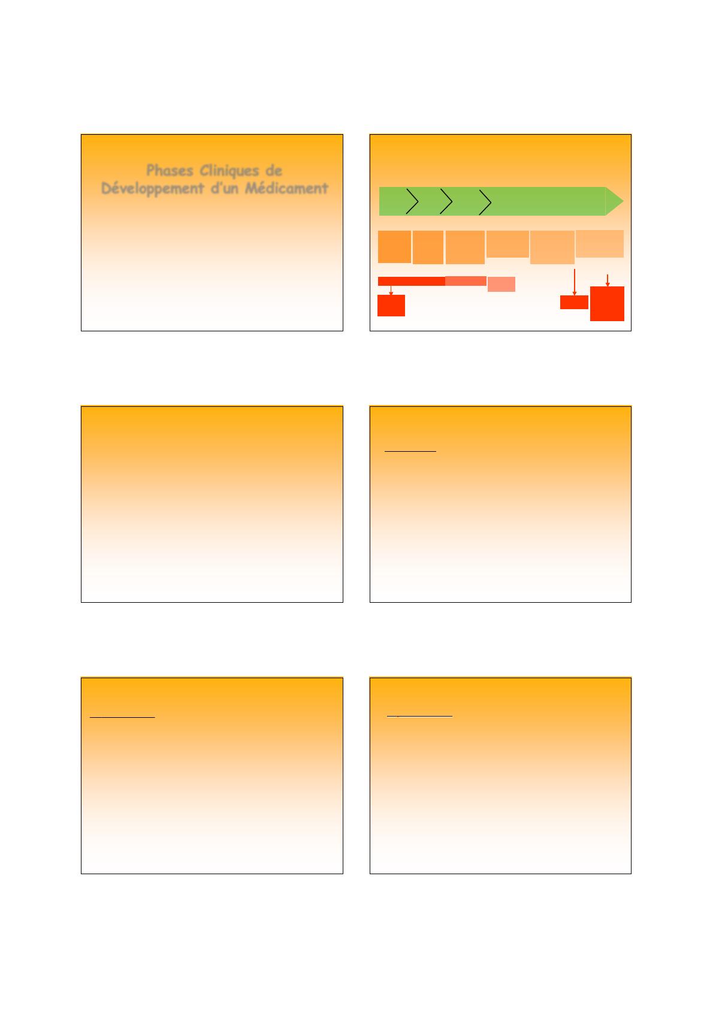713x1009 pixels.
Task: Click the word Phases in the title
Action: pos(170,171)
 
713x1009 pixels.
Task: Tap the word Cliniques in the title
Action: pos(229,171)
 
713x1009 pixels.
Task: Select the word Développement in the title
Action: pos(152,189)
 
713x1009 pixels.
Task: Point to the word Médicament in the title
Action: pos(286,188)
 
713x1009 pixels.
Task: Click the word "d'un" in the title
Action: pos(224,188)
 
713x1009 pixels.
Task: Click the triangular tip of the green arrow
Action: pos(614,201)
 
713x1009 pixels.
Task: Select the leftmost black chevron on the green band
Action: pos(412,201)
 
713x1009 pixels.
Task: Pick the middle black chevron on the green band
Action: pos(446,201)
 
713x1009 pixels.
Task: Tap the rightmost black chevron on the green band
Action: pos(485,203)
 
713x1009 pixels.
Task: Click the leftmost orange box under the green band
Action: pos(394,247)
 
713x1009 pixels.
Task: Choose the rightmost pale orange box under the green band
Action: pos(600,244)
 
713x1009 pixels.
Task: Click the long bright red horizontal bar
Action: pos(411,281)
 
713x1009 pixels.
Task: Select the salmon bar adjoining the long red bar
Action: pos(466,281)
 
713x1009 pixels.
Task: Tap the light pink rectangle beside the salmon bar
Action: pos(501,284)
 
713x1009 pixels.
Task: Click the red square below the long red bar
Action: pos(391,306)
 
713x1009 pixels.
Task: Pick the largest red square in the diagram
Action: pos(607,304)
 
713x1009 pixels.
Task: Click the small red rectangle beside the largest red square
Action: pos(574,302)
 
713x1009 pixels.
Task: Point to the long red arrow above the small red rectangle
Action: pos(574,282)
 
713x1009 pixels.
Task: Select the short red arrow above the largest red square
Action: pos(608,280)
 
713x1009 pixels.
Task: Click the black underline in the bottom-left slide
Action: pos(122,717)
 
